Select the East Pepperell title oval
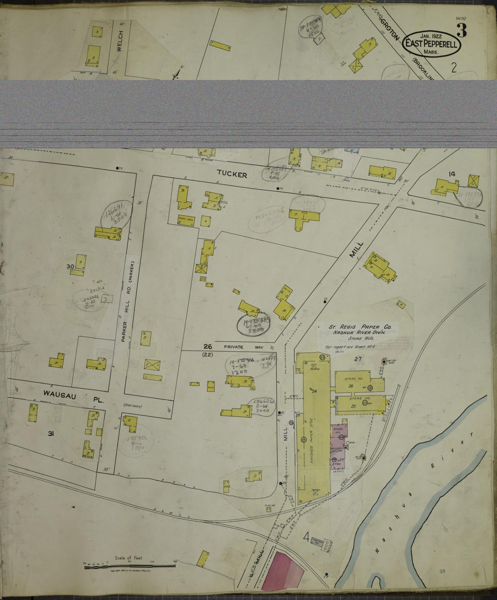pyautogui.click(x=431, y=44)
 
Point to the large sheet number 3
pyautogui.click(x=461, y=30)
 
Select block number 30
pyautogui.click(x=70, y=266)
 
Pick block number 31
pyautogui.click(x=51, y=433)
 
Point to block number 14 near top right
pyautogui.click(x=452, y=175)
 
